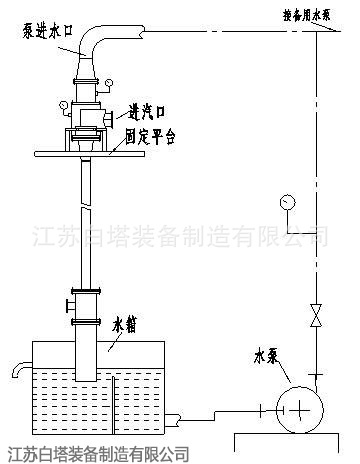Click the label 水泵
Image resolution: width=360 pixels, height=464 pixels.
coord(267,354)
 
